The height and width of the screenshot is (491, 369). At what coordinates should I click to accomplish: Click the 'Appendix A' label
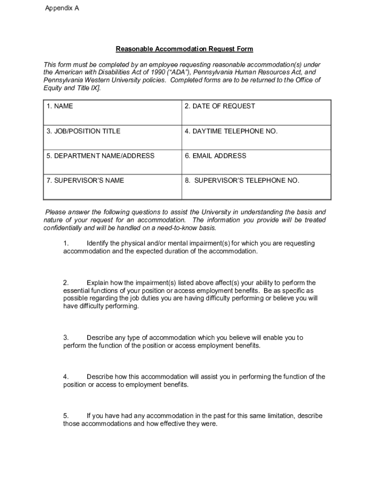(x=62, y=8)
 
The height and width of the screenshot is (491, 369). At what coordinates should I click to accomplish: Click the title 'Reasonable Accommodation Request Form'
(x=184, y=49)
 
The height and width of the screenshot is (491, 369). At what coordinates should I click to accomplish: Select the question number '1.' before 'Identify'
(x=66, y=244)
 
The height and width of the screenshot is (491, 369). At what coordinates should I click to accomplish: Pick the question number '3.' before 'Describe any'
(x=66, y=338)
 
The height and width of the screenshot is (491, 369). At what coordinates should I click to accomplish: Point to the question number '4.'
(x=66, y=377)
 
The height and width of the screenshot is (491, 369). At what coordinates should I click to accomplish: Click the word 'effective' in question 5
(x=173, y=424)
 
